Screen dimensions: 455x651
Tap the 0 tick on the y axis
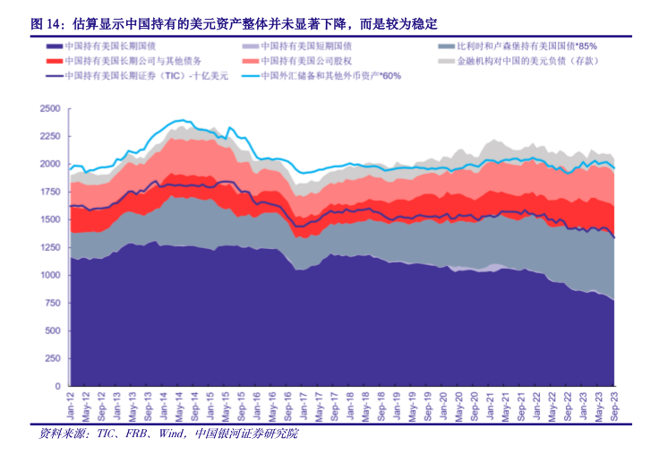coord(56,386)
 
